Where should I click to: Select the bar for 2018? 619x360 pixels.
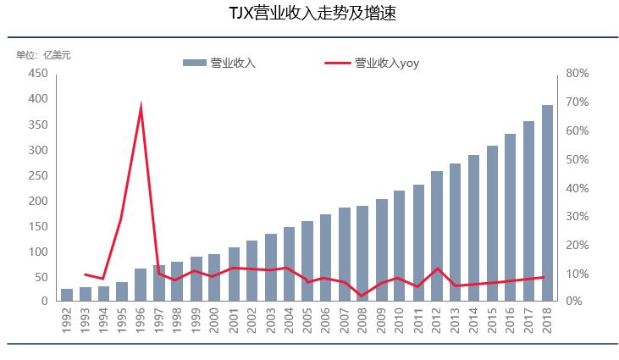point(547,203)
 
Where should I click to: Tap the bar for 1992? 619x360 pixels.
point(67,295)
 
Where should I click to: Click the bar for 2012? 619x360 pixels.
point(436,236)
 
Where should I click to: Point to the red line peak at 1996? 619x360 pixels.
point(141,106)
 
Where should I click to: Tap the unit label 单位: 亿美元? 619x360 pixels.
point(44,55)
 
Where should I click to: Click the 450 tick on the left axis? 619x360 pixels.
point(36,74)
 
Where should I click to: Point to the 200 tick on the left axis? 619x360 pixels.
point(36,201)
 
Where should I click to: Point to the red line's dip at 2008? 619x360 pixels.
point(362,296)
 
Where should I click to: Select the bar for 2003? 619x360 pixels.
point(270,268)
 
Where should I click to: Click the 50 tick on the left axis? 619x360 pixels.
point(39,277)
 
